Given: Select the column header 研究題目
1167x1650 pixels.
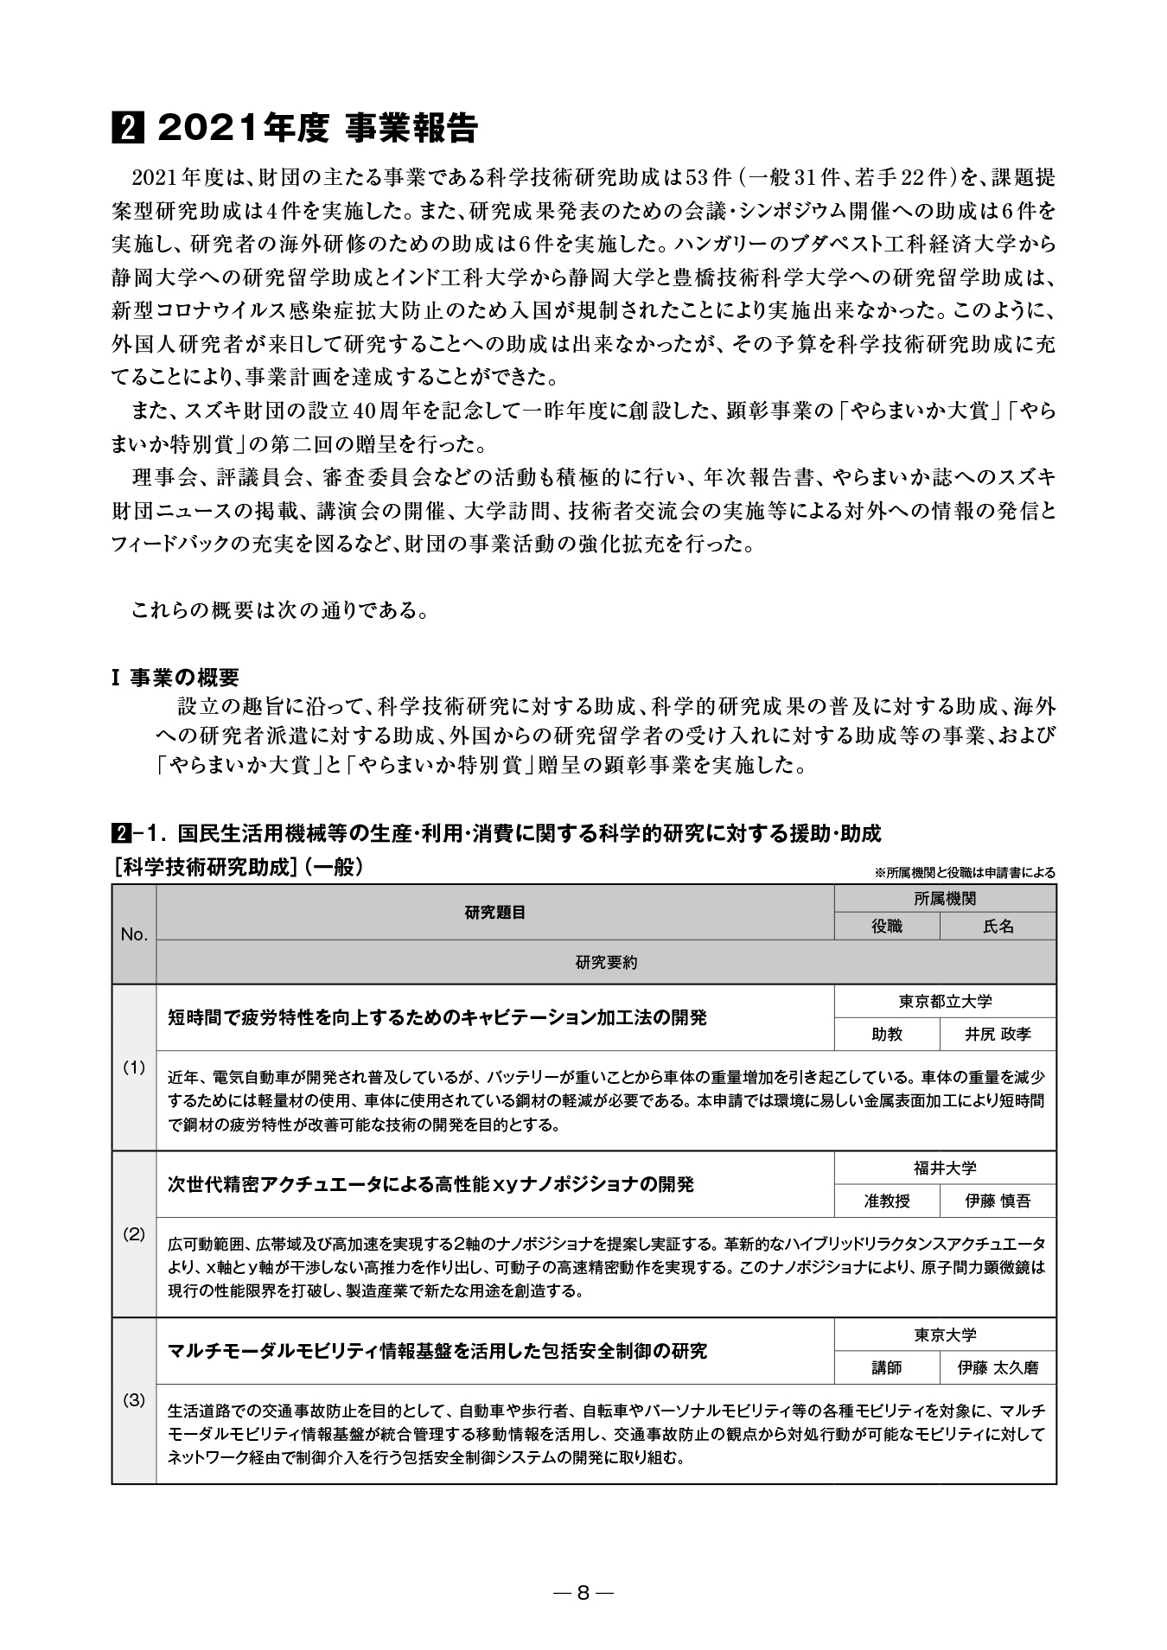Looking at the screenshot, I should [x=494, y=913].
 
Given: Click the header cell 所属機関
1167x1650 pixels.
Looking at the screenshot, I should [x=945, y=899].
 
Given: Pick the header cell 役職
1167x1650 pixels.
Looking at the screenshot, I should [x=886, y=927].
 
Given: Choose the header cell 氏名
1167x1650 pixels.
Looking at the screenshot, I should [x=998, y=927].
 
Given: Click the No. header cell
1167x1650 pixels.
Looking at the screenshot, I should [x=134, y=934].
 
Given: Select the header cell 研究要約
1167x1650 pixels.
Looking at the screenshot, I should [x=605, y=962].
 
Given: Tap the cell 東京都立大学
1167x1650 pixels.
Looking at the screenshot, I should [x=945, y=1001].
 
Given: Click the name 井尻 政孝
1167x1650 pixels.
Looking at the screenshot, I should [x=998, y=1034].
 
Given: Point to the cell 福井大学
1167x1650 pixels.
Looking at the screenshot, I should [x=945, y=1168].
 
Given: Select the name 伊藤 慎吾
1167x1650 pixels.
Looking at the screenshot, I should [x=998, y=1201].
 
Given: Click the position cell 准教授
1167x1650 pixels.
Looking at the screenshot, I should [x=886, y=1201].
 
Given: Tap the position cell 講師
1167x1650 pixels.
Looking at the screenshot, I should [x=886, y=1367].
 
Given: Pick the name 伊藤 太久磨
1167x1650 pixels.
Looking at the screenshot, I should [x=998, y=1367].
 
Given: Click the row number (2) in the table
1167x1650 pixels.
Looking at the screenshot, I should [x=134, y=1233].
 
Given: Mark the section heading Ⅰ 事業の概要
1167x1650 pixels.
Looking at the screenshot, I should [x=175, y=678].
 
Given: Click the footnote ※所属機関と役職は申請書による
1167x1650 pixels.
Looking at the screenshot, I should [x=965, y=873].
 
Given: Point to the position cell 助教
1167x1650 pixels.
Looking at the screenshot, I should [x=886, y=1034].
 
